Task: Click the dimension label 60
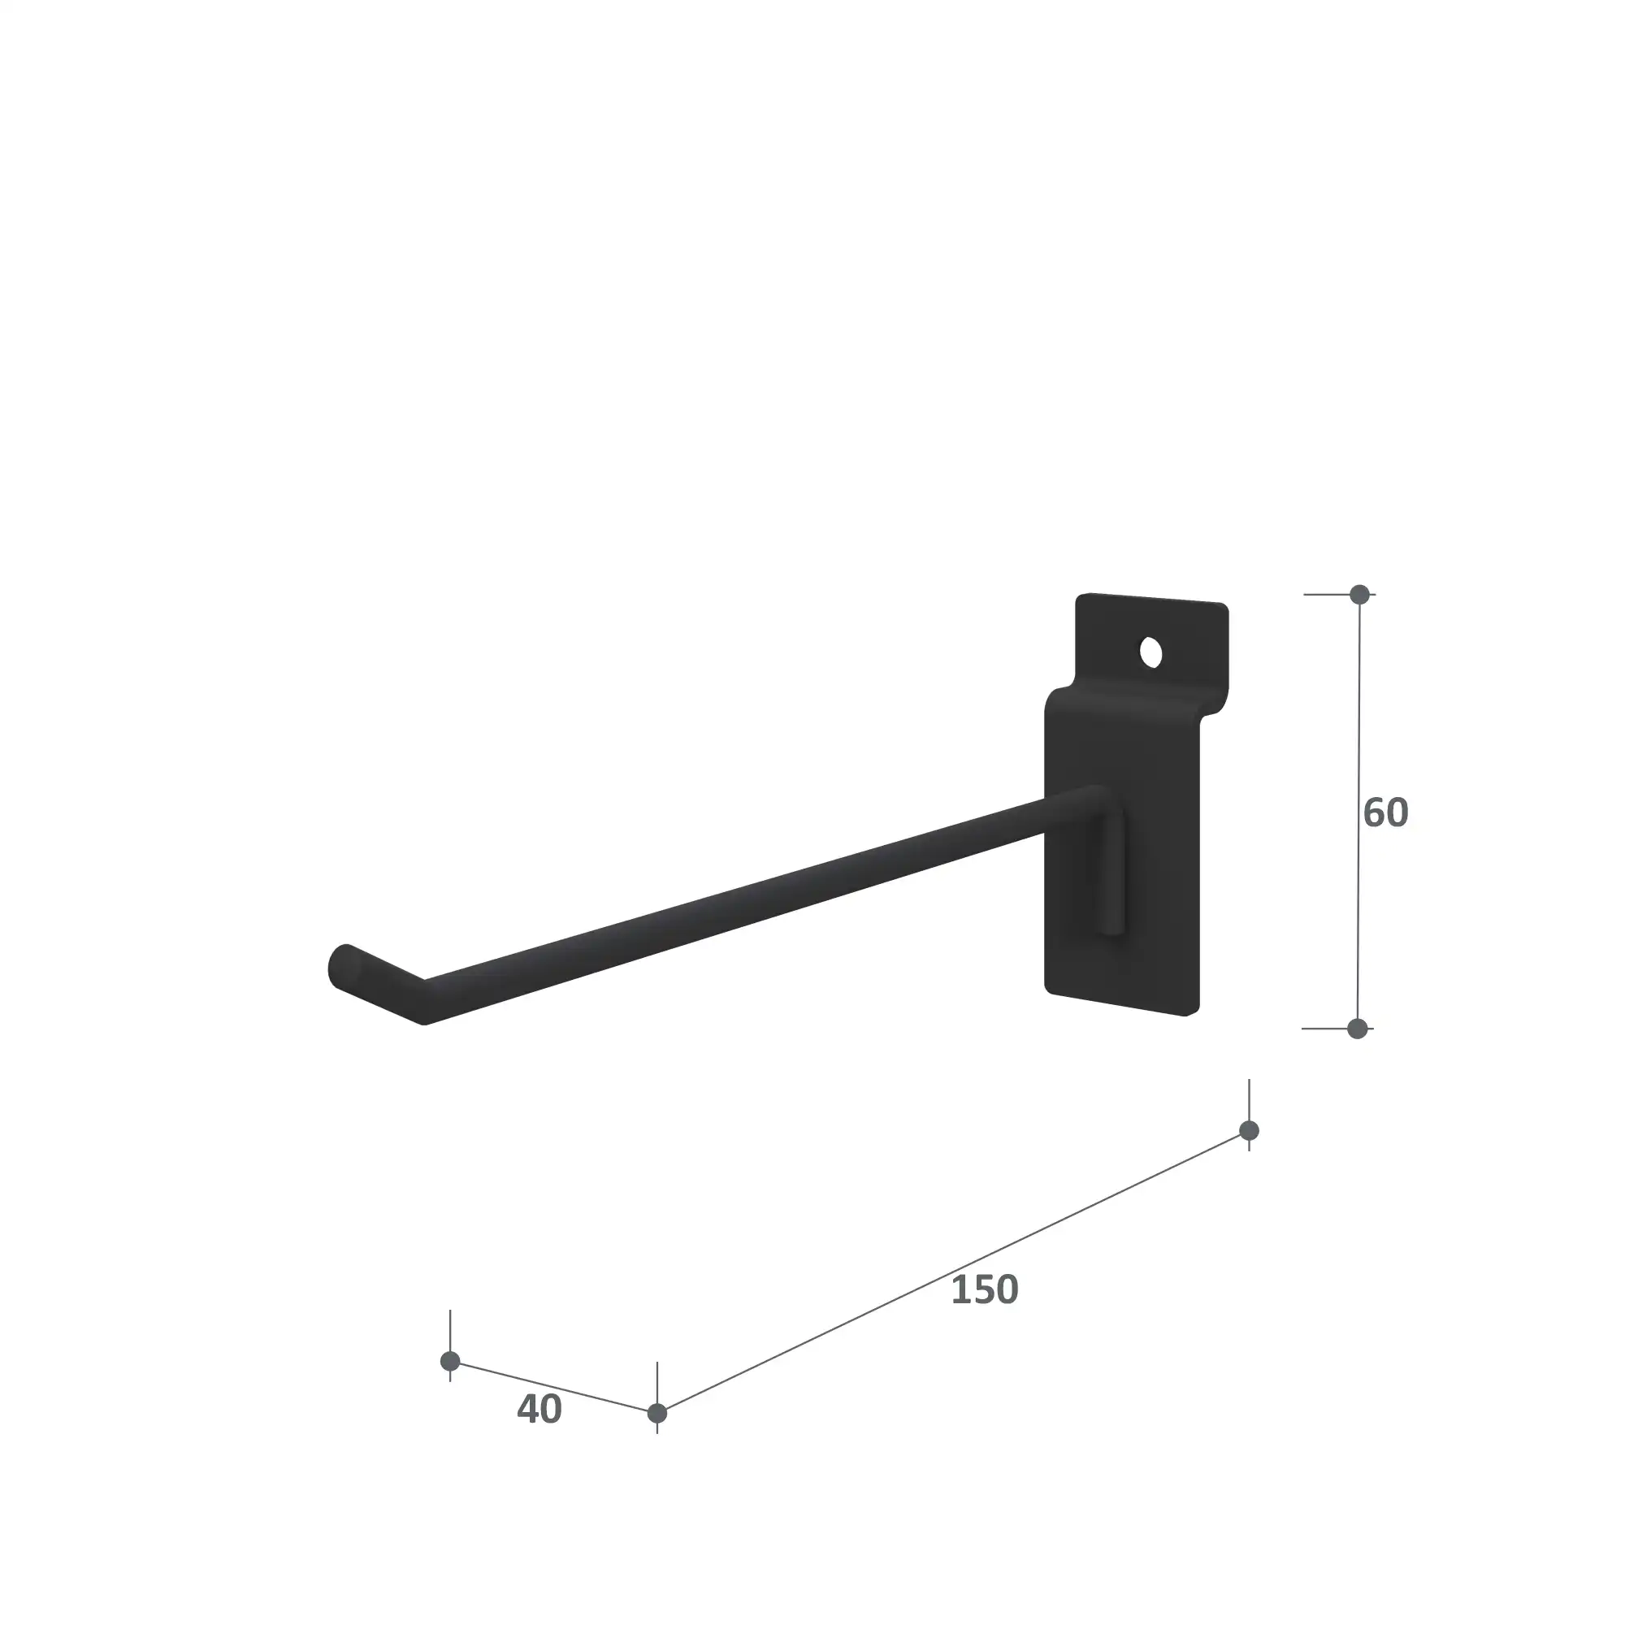(1385, 813)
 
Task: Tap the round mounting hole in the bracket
(1150, 653)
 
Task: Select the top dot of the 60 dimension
(1359, 595)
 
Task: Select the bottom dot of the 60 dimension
(1358, 1029)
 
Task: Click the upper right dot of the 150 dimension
(1249, 1130)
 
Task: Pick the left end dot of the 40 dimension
(450, 1361)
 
